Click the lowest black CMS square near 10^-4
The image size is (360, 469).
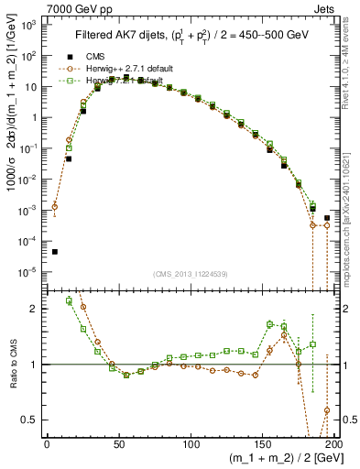[x=54, y=252]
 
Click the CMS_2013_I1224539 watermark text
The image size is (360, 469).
[x=191, y=273]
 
